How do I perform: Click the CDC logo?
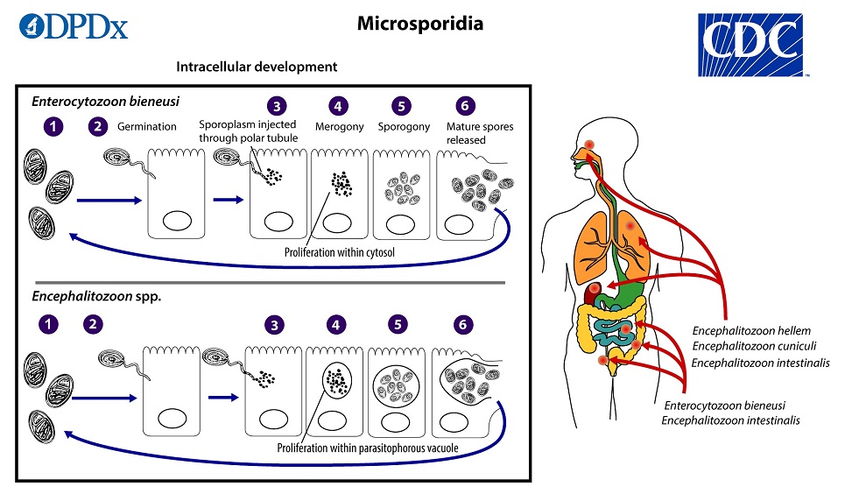751,44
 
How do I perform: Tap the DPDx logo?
74,27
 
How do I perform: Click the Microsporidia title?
419,24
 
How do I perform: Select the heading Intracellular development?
257,67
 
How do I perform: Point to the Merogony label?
339,127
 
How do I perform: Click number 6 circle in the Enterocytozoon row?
463,107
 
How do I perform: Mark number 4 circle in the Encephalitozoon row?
338,324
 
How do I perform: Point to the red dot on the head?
588,145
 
